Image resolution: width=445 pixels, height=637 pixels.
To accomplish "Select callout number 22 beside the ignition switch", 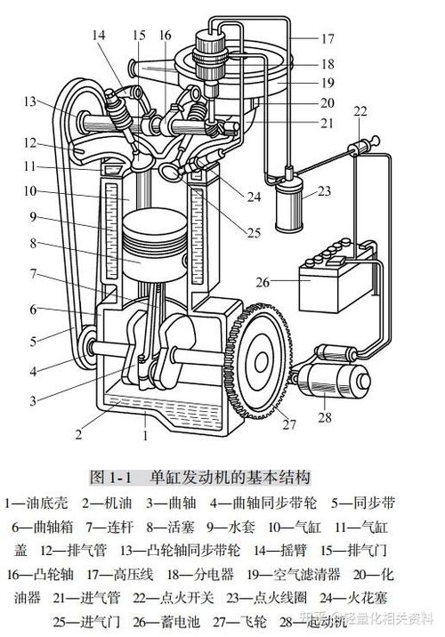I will (x=360, y=110).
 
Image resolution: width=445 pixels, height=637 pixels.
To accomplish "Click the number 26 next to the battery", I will (x=262, y=283).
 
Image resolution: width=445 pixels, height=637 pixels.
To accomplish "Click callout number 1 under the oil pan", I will (x=145, y=437).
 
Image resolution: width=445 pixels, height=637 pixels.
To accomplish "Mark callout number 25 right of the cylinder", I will (x=255, y=233).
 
